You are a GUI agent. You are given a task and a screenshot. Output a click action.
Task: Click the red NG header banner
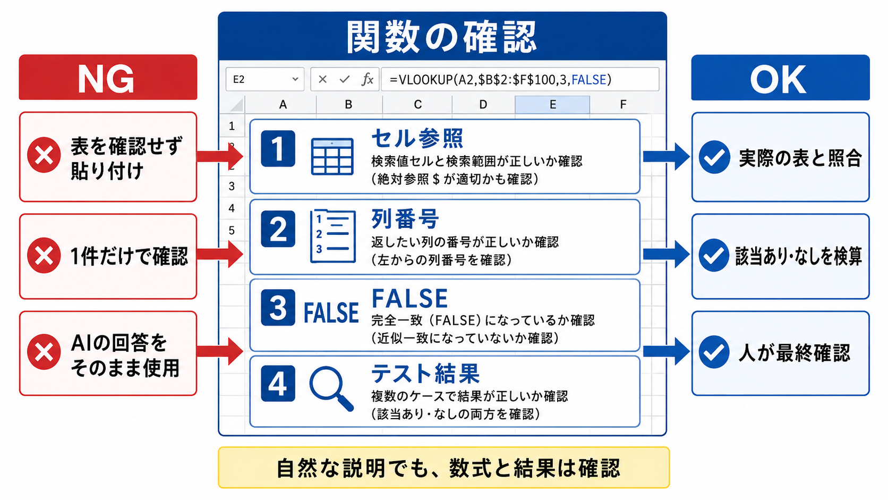pyautogui.click(x=108, y=78)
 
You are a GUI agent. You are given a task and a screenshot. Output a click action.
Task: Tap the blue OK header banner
pyautogui.click(x=780, y=78)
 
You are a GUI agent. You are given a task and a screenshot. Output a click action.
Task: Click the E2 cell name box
pyautogui.click(x=265, y=79)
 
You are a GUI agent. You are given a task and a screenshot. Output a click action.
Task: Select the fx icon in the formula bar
pyautogui.click(x=368, y=79)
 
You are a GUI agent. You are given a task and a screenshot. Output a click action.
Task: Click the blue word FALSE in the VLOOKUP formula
pyautogui.click(x=588, y=80)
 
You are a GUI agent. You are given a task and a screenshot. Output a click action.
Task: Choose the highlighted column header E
pyautogui.click(x=552, y=104)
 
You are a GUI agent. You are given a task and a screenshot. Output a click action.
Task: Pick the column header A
pyautogui.click(x=283, y=104)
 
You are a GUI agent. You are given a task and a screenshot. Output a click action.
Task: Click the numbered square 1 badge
pyautogui.click(x=278, y=149)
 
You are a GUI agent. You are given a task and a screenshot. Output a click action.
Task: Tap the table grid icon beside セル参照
pyautogui.click(x=332, y=156)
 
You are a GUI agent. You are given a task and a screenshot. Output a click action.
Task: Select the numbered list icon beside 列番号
pyautogui.click(x=332, y=236)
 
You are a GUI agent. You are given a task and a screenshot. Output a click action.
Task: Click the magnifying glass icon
pyautogui.click(x=331, y=388)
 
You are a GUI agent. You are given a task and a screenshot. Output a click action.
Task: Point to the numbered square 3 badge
pyautogui.click(x=278, y=308)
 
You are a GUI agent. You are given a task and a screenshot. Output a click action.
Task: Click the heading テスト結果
pyautogui.click(x=425, y=374)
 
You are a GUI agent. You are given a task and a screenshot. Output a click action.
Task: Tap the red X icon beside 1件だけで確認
pyautogui.click(x=44, y=256)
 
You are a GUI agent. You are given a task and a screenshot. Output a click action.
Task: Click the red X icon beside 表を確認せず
pyautogui.click(x=44, y=155)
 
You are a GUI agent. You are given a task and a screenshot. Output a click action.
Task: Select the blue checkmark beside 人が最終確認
pyautogui.click(x=714, y=352)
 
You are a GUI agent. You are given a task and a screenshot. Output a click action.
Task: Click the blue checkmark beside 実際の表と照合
pyautogui.click(x=714, y=157)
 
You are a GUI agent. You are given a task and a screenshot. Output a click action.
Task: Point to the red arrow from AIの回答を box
pyautogui.click(x=220, y=351)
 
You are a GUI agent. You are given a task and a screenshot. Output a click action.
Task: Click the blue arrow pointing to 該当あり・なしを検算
pyautogui.click(x=667, y=254)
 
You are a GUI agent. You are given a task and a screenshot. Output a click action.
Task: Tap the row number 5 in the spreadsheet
pyautogui.click(x=232, y=231)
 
